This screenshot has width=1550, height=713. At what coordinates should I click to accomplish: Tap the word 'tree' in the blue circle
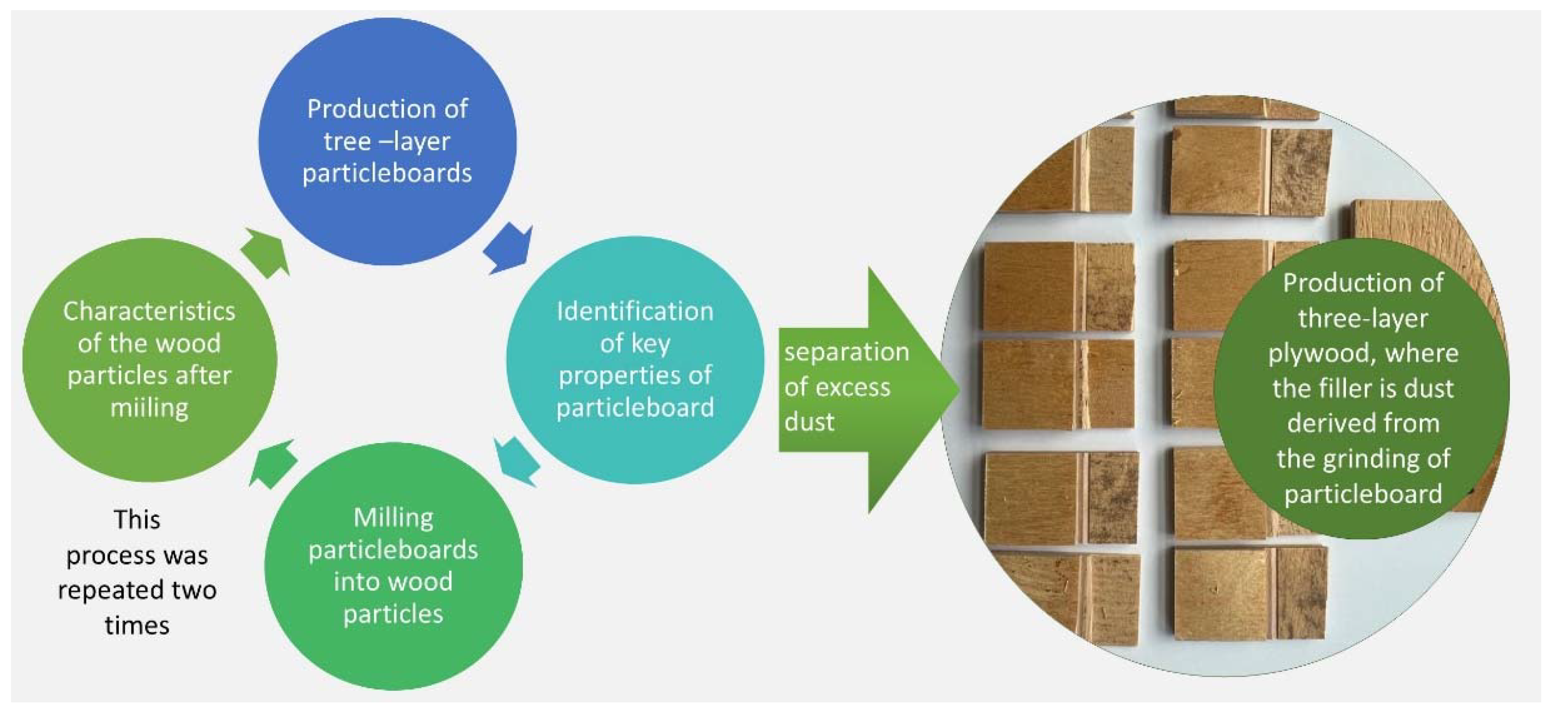346,142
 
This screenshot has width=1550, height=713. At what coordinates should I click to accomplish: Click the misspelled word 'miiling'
149,408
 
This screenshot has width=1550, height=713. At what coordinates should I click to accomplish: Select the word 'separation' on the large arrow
847,352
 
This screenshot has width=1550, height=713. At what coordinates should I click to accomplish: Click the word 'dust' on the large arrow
809,422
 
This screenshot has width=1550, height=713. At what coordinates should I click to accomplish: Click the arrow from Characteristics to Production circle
265,251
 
